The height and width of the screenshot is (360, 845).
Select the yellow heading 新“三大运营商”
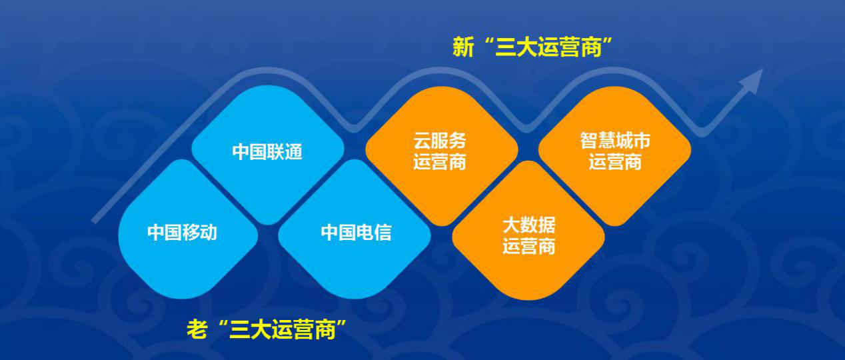tap(532, 47)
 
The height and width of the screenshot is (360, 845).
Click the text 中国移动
tap(182, 233)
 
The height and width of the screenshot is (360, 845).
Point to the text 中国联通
tap(267, 151)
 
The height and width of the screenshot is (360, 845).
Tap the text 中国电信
tap(356, 233)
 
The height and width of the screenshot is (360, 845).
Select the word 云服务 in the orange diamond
tap(440, 141)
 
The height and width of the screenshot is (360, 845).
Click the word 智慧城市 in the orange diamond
tap(614, 141)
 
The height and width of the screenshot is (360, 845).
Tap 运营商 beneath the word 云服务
tap(440, 162)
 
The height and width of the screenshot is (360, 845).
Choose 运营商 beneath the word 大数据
tap(528, 246)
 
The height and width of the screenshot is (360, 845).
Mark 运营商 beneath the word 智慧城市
tap(614, 162)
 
